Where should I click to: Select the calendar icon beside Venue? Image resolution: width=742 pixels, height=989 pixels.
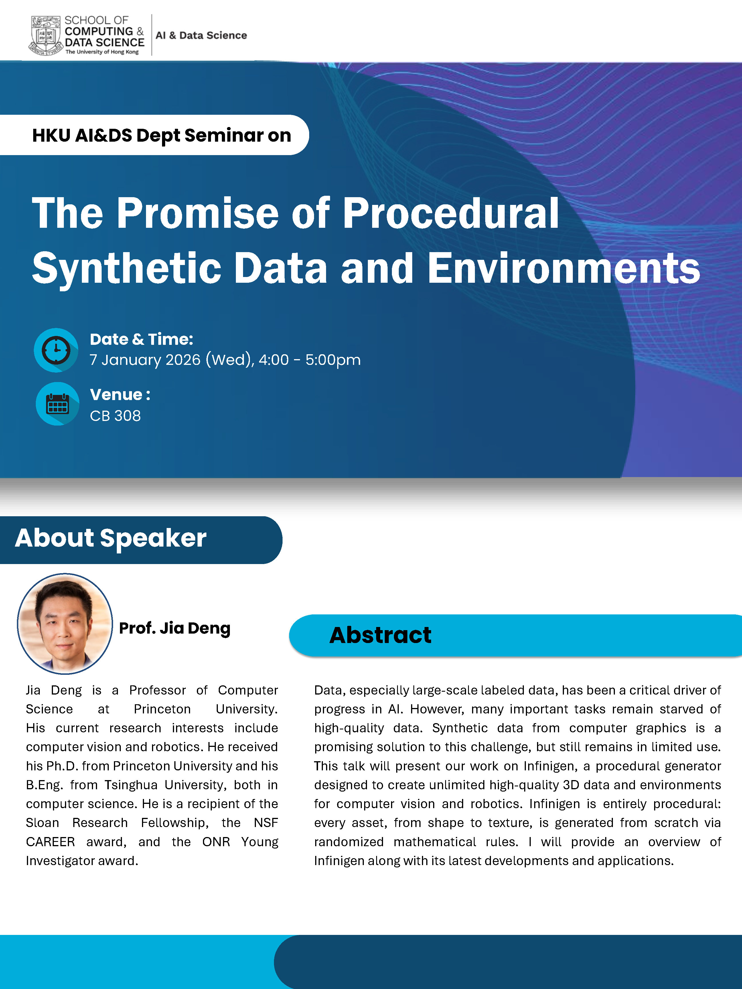(58, 404)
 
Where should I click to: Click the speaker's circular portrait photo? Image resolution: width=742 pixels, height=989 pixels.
(65, 624)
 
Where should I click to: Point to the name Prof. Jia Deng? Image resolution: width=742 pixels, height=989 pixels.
(174, 628)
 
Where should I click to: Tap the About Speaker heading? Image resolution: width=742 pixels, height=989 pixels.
(110, 538)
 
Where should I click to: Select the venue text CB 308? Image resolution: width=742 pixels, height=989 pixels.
(115, 416)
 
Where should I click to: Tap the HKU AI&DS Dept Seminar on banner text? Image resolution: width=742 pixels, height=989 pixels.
(161, 135)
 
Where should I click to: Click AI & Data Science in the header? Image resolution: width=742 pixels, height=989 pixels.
(201, 35)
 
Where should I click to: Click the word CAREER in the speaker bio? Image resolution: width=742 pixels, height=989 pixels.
(51, 842)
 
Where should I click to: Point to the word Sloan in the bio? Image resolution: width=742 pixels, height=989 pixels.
(42, 823)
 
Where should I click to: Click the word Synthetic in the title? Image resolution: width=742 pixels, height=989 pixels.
(127, 269)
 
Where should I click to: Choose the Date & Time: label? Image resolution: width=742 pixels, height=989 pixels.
(141, 339)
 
